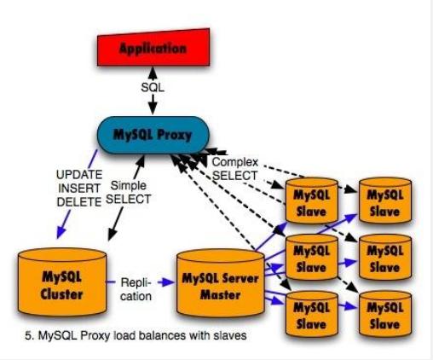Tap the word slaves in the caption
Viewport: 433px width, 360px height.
[x=230, y=336]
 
